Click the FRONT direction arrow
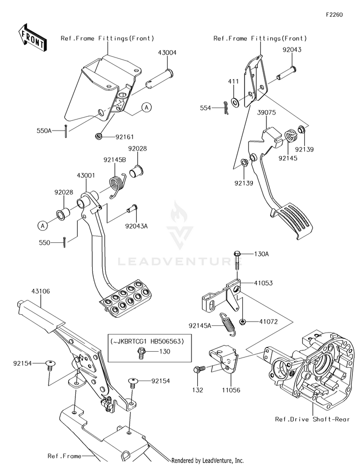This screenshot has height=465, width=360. click(32, 37)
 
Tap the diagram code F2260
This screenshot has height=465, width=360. click(334, 15)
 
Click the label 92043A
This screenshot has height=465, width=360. click(136, 225)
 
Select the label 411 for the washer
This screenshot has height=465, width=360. click(233, 82)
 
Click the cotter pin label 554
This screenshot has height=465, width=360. click(218, 109)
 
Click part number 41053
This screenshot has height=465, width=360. click(263, 283)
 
